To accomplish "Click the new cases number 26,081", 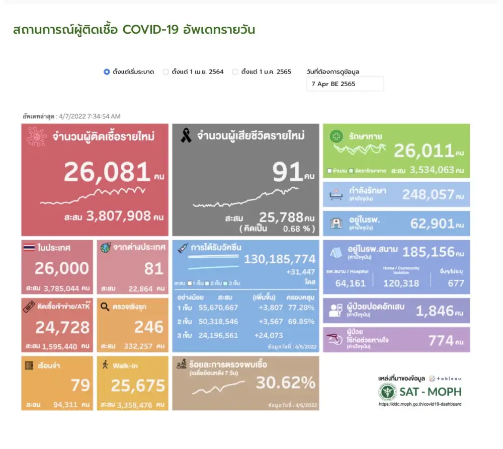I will coord(107,173).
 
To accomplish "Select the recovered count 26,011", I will coord(423,151).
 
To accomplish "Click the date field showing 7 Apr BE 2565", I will coord(345,84).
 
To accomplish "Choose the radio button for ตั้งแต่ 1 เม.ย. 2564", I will coord(165,72).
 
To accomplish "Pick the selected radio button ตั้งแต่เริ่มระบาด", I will coord(107,72).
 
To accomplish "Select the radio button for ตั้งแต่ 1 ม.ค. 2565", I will coord(235,72).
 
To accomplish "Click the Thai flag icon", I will coord(29,248).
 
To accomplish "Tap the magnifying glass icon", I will coord(105,306).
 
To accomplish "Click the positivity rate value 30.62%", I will coord(286,383).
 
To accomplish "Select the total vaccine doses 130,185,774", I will coord(280,259).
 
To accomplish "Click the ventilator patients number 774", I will coord(441,341).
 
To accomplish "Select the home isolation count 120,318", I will coord(401,283).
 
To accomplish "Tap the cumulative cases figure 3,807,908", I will coord(118,216).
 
